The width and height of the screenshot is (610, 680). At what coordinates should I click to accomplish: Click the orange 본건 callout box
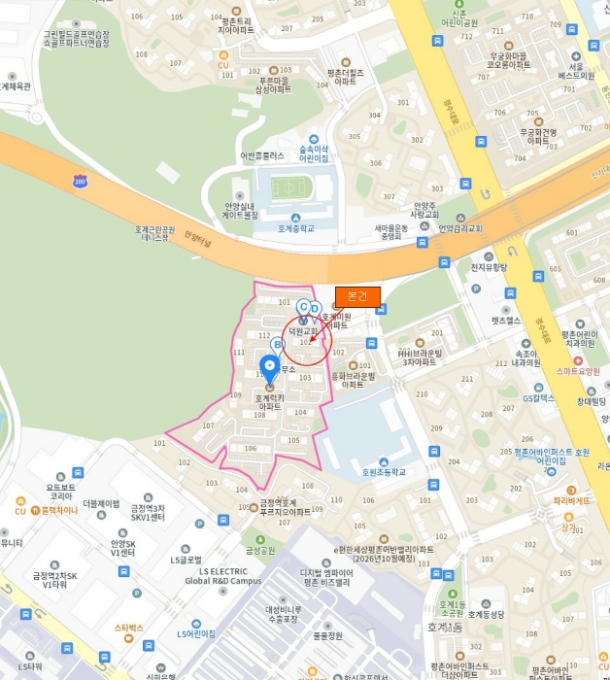click(x=357, y=296)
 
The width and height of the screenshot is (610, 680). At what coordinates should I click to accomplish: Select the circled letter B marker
click(x=277, y=344)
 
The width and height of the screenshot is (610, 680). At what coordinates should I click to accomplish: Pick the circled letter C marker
click(x=303, y=307)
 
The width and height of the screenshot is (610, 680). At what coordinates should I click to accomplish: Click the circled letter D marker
click(x=315, y=309)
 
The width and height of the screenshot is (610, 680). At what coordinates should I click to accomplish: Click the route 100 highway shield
click(x=80, y=181)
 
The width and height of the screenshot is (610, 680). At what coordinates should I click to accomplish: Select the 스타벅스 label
click(x=128, y=628)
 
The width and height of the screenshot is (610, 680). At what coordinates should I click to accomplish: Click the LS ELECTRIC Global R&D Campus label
click(x=224, y=576)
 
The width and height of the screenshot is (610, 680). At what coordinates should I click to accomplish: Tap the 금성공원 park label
click(x=260, y=550)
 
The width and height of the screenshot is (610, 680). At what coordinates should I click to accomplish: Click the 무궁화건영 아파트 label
click(x=538, y=135)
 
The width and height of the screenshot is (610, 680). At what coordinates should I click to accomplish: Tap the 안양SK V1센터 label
click(x=121, y=548)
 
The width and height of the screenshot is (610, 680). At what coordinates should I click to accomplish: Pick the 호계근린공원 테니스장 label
click(x=155, y=234)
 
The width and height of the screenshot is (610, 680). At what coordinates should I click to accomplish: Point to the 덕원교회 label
click(x=302, y=330)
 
